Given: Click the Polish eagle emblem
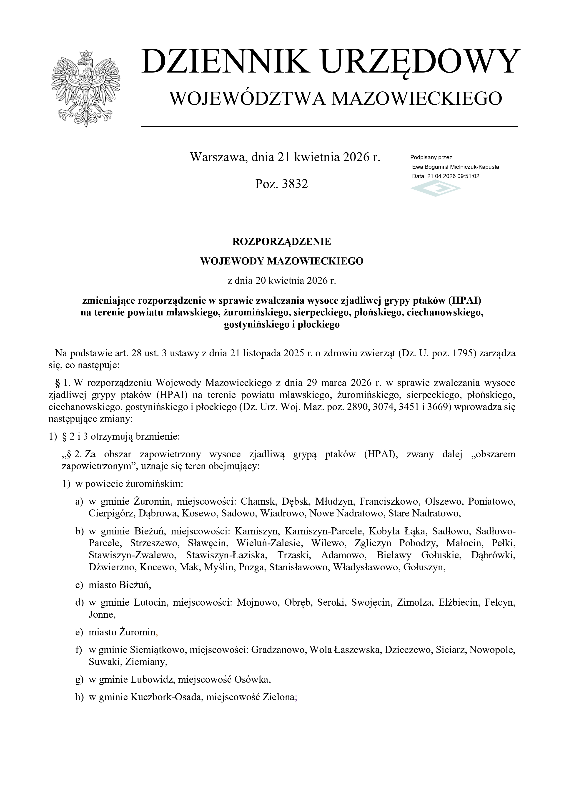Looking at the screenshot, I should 85,89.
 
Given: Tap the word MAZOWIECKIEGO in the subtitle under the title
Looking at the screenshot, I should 416,98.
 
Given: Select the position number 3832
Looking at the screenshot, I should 295,184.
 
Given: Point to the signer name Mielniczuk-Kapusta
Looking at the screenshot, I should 474,167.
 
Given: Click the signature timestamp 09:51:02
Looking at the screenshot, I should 468,176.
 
